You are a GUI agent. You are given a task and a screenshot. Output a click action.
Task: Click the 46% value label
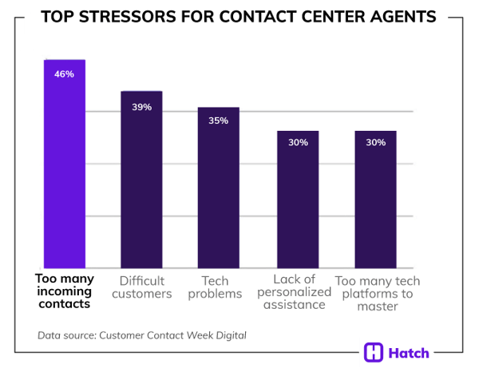[x=64, y=74]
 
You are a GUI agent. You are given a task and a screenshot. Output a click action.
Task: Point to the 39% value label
[x=142, y=107]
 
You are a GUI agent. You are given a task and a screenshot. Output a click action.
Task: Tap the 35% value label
[x=219, y=121]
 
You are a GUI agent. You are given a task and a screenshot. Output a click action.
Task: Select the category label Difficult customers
[x=141, y=287]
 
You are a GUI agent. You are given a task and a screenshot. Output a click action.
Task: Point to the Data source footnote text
[x=142, y=335]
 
